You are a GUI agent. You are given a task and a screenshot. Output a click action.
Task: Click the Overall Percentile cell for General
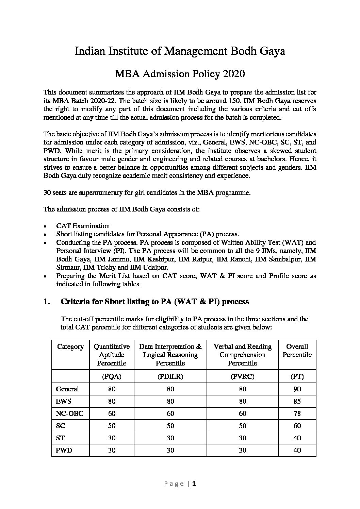tap(297, 389)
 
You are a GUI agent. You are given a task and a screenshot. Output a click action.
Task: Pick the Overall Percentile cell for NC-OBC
tap(297, 413)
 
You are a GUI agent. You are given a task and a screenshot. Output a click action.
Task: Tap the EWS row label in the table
tap(64, 401)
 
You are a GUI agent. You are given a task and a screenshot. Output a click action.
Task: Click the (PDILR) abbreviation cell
tap(170, 376)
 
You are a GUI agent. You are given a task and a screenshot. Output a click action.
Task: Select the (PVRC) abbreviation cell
tap(242, 376)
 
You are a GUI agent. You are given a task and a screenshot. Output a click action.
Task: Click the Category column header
tap(70, 347)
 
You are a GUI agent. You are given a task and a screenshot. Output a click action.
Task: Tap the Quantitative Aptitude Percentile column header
tap(112, 355)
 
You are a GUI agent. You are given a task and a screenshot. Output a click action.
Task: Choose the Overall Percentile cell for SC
tap(297, 426)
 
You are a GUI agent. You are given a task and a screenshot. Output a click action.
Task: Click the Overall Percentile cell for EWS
tap(297, 401)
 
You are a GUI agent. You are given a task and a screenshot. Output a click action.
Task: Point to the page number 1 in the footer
tap(194, 484)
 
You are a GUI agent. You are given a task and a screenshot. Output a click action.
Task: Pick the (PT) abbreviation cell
tap(297, 376)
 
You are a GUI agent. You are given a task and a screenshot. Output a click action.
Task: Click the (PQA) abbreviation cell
tap(112, 376)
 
